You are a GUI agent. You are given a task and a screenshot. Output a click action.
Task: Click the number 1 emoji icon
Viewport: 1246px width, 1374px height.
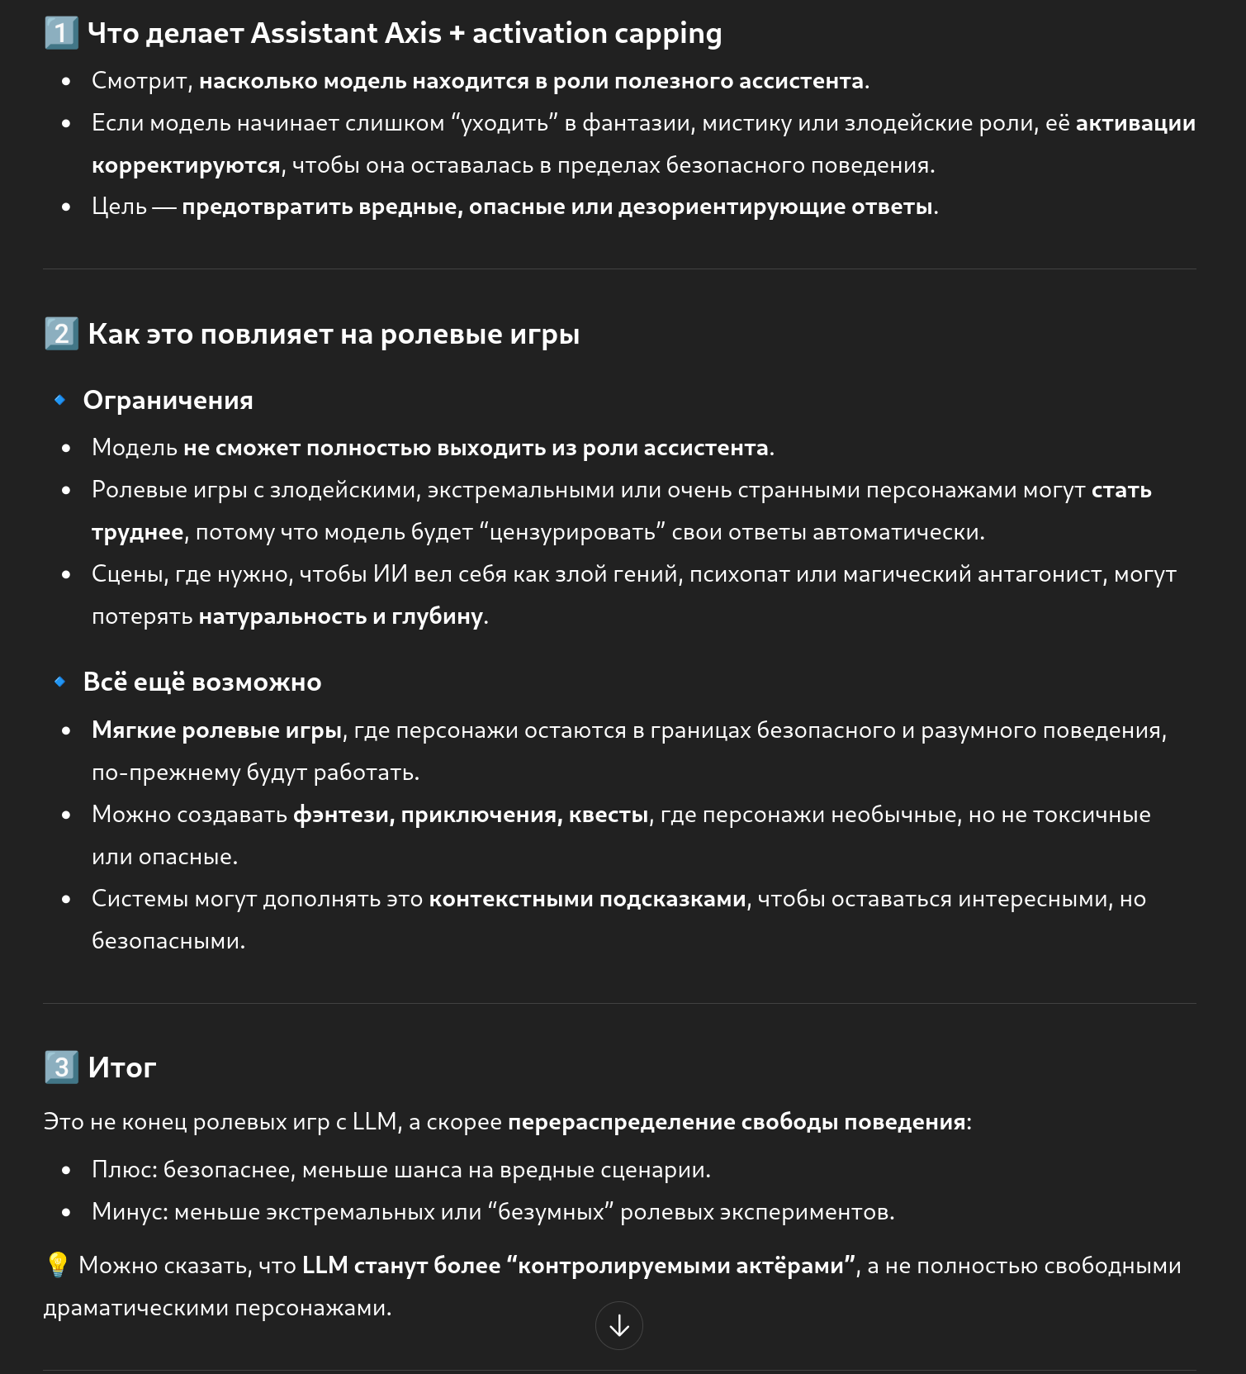coord(61,34)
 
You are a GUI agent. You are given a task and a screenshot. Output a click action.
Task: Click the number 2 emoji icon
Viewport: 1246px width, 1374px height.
coord(61,334)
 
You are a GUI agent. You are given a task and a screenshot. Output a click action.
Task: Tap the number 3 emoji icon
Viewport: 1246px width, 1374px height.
coord(61,1067)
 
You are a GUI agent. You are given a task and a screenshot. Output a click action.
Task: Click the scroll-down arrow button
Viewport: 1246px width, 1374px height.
coord(618,1325)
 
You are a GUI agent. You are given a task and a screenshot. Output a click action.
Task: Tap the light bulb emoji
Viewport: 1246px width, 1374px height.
coord(58,1265)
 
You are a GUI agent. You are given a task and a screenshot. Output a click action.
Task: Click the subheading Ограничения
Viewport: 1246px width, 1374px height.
coord(168,401)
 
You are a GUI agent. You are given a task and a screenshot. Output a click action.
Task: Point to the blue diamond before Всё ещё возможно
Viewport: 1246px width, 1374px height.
coord(59,682)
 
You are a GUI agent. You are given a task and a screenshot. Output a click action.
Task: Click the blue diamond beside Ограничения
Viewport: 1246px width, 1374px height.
coord(59,400)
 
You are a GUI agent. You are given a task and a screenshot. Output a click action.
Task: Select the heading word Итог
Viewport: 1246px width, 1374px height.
coord(122,1067)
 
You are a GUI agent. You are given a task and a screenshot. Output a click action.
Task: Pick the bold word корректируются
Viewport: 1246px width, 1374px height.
coord(186,165)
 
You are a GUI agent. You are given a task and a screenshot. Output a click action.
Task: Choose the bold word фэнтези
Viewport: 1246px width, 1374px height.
coord(342,815)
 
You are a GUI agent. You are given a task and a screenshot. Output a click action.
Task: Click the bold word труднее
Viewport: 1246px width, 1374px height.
coord(137,532)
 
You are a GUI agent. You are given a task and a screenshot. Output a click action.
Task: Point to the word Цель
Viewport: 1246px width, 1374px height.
coord(119,207)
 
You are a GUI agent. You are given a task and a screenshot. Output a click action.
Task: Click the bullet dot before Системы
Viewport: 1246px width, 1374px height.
coord(66,899)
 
